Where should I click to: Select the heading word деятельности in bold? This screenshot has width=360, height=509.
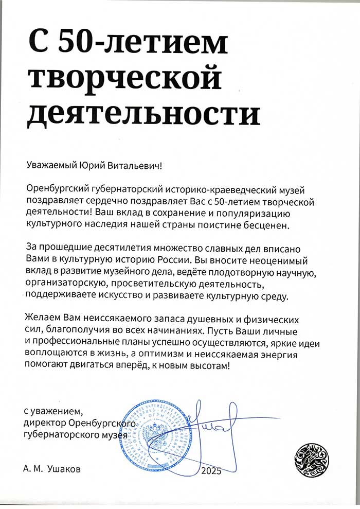click(x=143, y=114)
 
